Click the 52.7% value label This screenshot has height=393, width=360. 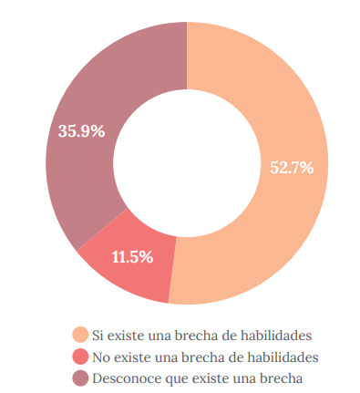292,167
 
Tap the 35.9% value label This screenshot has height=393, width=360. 81,130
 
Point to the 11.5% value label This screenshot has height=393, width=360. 132,256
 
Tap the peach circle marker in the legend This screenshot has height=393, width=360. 81,335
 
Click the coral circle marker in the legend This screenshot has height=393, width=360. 81,356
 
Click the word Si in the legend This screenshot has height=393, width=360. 99,335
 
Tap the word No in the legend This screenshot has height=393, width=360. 102,356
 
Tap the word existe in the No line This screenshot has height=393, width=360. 133,356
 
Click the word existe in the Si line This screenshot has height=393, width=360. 128,335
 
